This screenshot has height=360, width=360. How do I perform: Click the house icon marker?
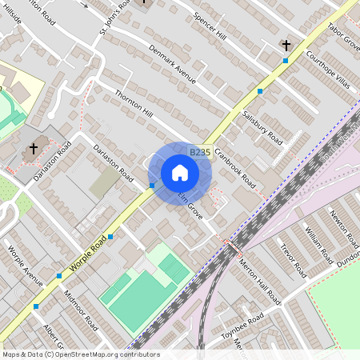point(180,172)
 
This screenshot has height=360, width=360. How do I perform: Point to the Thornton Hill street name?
point(133,106)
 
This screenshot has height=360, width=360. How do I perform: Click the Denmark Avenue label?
point(172,63)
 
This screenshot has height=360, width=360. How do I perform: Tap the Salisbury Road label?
point(265,127)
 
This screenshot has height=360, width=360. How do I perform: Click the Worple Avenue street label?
point(25,264)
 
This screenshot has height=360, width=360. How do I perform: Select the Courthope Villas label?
point(327,68)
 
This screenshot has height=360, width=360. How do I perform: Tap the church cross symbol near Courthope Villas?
point(286,45)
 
